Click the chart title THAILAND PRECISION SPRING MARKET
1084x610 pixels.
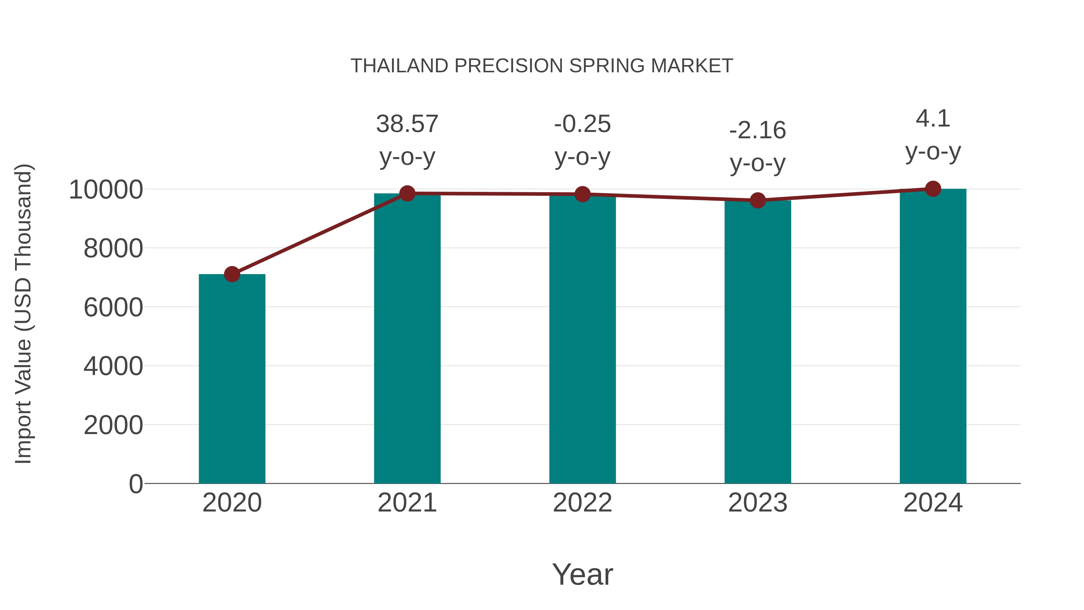[x=542, y=66]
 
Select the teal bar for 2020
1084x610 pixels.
[x=232, y=379]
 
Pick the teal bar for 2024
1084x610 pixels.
[x=933, y=337]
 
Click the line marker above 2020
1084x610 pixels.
[x=232, y=274]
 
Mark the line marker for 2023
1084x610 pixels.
[x=758, y=200]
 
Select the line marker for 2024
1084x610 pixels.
[x=933, y=189]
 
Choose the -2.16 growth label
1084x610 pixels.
[x=758, y=130]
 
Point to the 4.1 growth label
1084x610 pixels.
[x=933, y=118]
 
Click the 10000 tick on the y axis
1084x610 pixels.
[x=106, y=190]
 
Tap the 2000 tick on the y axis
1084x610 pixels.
[x=113, y=425]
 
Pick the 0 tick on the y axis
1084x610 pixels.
[x=136, y=484]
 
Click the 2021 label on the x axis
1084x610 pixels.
[x=407, y=503]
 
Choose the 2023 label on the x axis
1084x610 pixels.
[x=758, y=503]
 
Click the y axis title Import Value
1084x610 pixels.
[x=23, y=314]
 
